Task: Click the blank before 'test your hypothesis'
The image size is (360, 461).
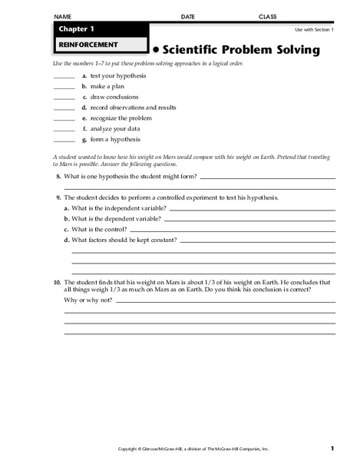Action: click(64, 77)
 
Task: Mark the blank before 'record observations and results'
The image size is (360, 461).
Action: click(64, 108)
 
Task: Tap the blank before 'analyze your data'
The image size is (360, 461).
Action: click(64, 130)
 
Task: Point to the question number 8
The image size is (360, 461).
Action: click(58, 177)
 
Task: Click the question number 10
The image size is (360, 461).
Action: click(57, 282)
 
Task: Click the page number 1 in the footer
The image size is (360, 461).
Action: click(332, 448)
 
